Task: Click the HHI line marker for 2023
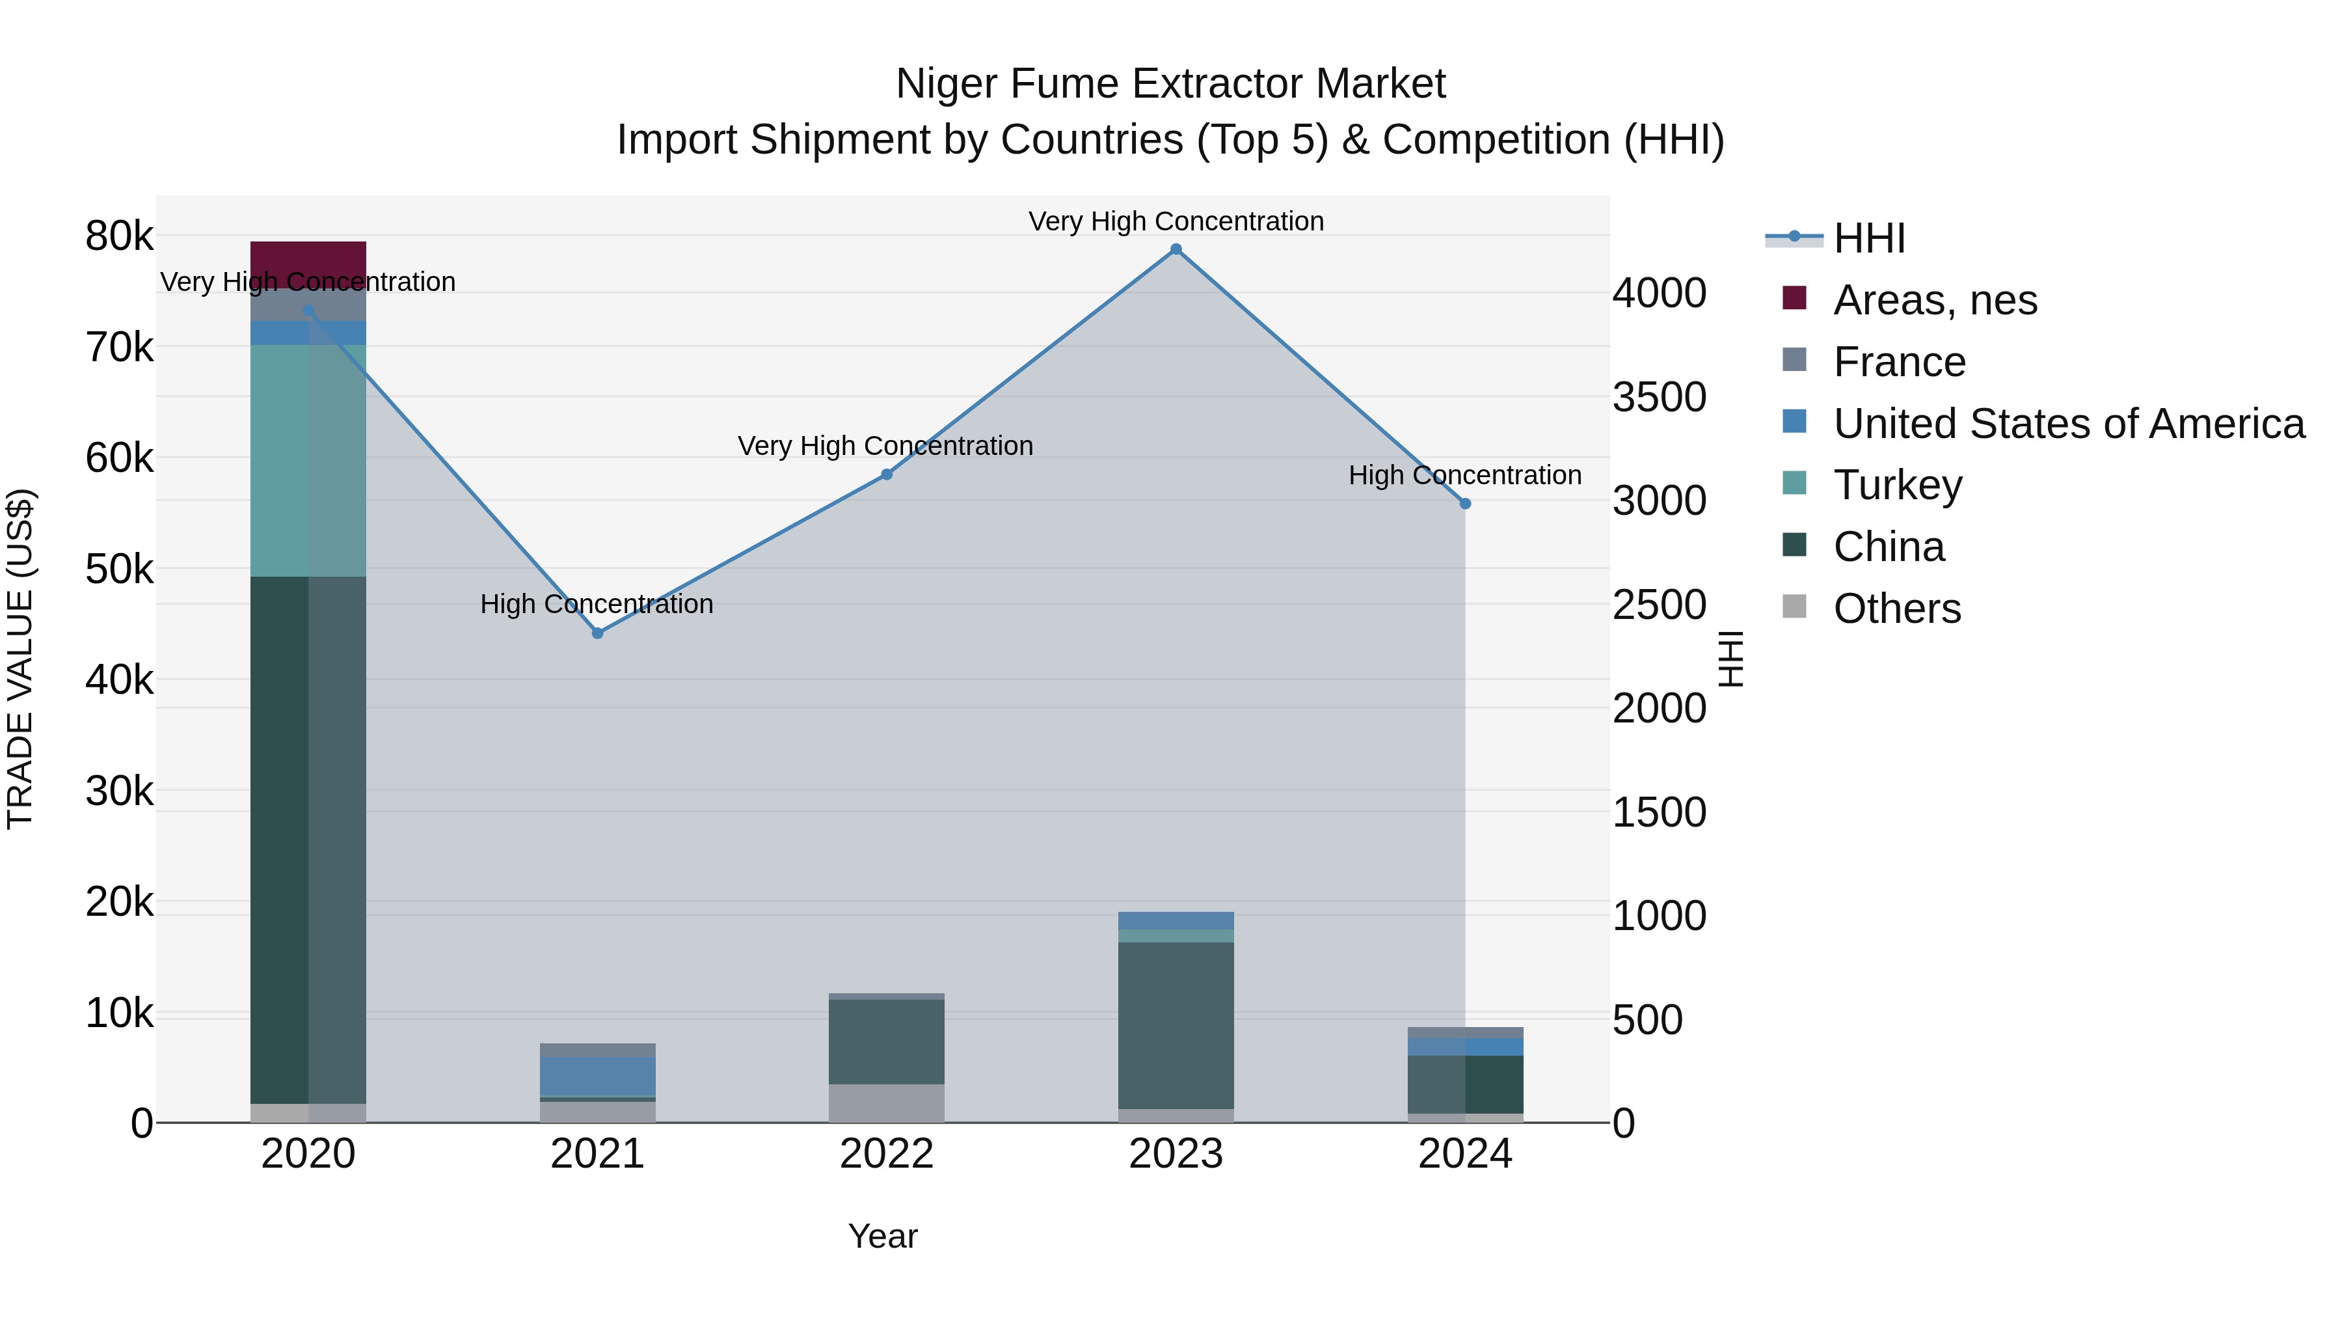1176,249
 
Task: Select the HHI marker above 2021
597,633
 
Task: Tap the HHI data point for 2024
1464,503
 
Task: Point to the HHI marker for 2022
887,474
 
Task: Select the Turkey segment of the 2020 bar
308,460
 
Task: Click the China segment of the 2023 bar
1176,1025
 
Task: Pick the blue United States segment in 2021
597,1075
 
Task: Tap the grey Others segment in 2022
887,1103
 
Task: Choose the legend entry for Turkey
1898,485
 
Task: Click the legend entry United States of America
2068,424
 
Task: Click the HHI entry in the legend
1868,238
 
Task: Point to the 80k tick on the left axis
119,236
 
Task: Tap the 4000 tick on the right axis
1659,293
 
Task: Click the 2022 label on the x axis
887,1154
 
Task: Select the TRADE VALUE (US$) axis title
20,659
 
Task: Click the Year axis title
883,1236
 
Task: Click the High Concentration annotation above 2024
1464,475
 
